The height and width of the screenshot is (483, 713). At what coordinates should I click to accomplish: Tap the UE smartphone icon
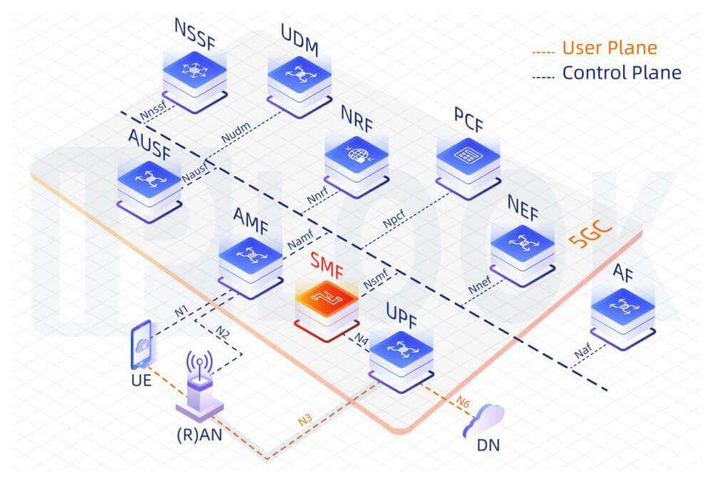[x=143, y=345]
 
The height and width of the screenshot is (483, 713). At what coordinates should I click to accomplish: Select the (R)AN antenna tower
[x=199, y=385]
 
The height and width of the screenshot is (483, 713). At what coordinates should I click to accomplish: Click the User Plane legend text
[x=609, y=48]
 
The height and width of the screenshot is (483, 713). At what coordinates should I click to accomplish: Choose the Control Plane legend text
[x=621, y=72]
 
